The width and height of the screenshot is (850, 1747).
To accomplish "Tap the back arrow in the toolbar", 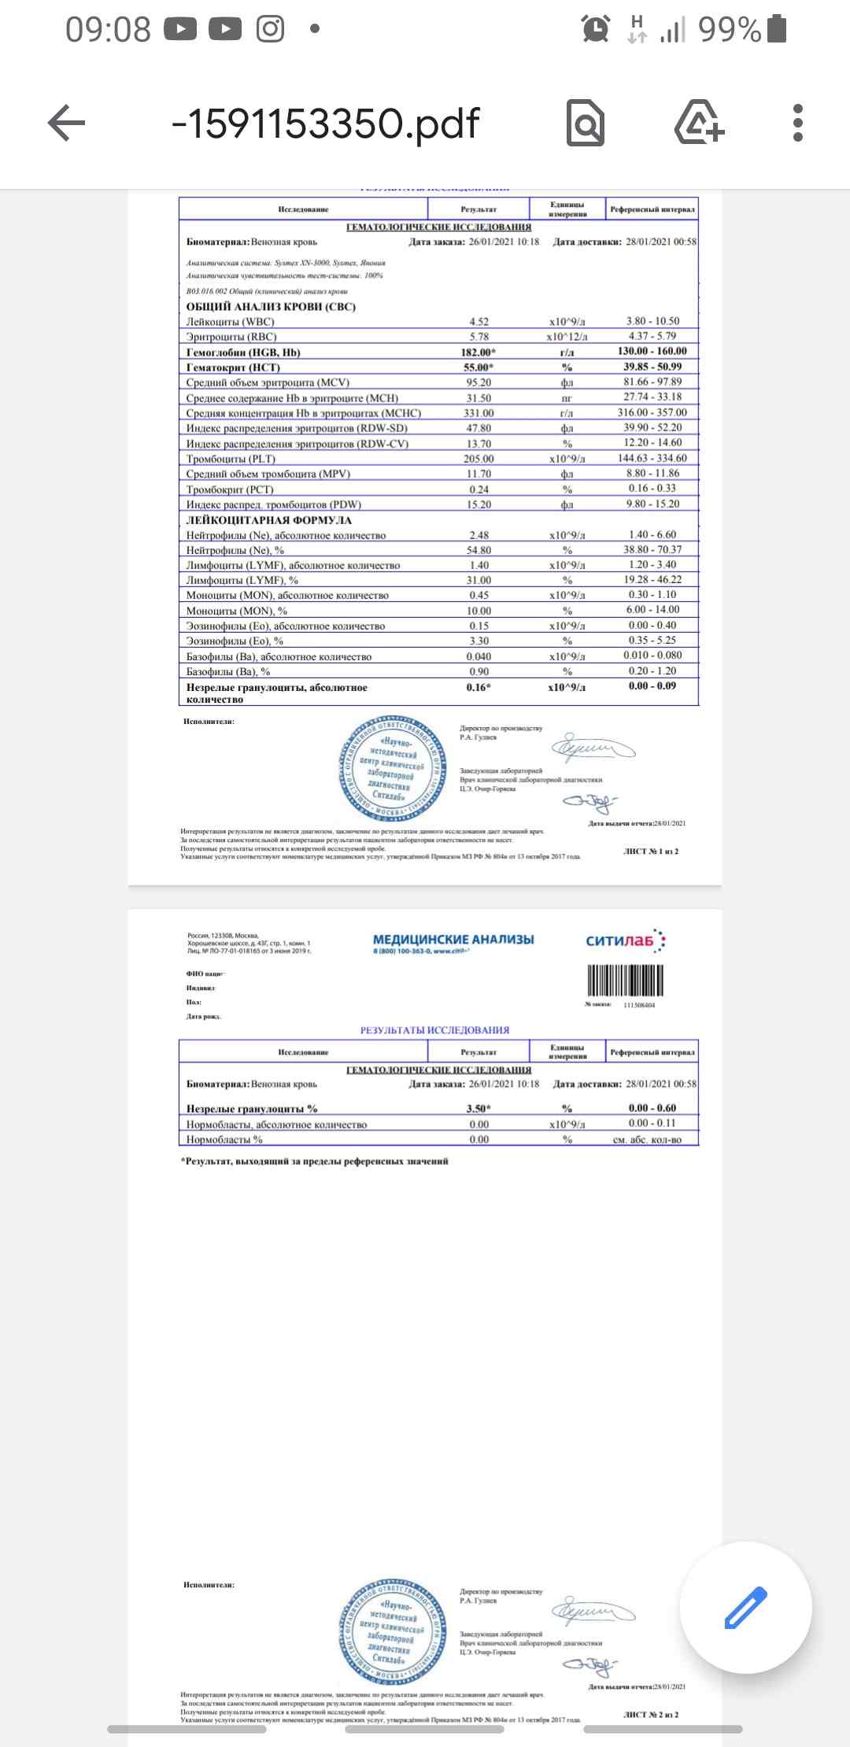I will point(67,124).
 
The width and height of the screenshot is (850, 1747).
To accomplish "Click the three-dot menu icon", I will point(798,124).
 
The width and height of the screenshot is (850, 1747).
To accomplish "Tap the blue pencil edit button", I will point(745,1607).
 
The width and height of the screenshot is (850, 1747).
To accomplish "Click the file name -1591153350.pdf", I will point(325,124).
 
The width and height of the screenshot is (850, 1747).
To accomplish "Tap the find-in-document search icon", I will point(586,124).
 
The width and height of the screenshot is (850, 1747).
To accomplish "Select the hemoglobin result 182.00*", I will point(478,352).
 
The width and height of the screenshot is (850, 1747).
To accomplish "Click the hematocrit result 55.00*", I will point(478,367).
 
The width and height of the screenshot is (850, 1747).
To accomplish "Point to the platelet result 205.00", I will point(479,459).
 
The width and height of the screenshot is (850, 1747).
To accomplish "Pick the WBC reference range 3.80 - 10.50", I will point(652,321).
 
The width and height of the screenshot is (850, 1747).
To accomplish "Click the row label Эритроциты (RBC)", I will point(231,337).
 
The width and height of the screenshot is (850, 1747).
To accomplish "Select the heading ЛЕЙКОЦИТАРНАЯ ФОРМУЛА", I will point(269,520).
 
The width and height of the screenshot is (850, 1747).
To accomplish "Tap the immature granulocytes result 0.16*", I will point(478,687).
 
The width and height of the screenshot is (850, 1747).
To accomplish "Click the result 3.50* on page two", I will point(478,1109).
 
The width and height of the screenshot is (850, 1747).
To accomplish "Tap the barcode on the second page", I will point(626,981).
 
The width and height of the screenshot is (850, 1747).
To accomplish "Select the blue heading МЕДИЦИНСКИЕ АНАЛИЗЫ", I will point(453,940).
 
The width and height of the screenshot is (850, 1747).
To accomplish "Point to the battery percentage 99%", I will point(730,30).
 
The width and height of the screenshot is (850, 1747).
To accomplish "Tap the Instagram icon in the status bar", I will point(270,30).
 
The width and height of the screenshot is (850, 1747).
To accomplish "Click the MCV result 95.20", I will point(479,382).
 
